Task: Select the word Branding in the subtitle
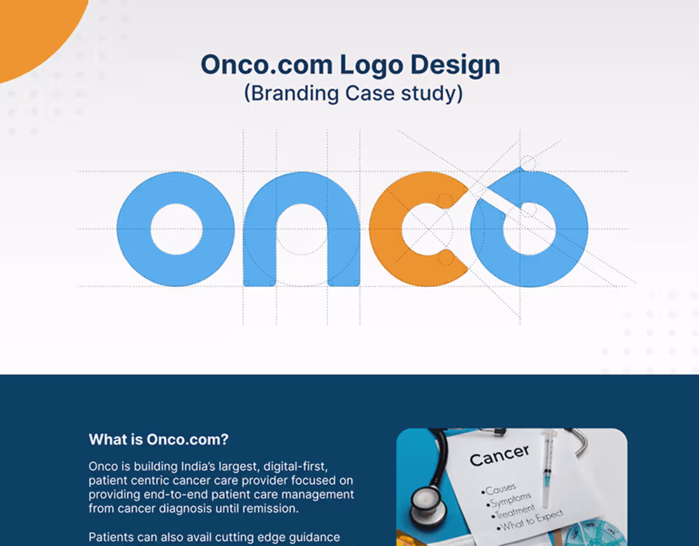point(294,93)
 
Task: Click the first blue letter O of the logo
point(135,229)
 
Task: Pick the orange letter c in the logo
point(388,229)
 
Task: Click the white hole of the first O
point(175,229)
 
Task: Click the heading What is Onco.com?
point(159,439)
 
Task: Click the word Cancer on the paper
point(499,455)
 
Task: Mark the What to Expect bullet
point(531,522)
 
